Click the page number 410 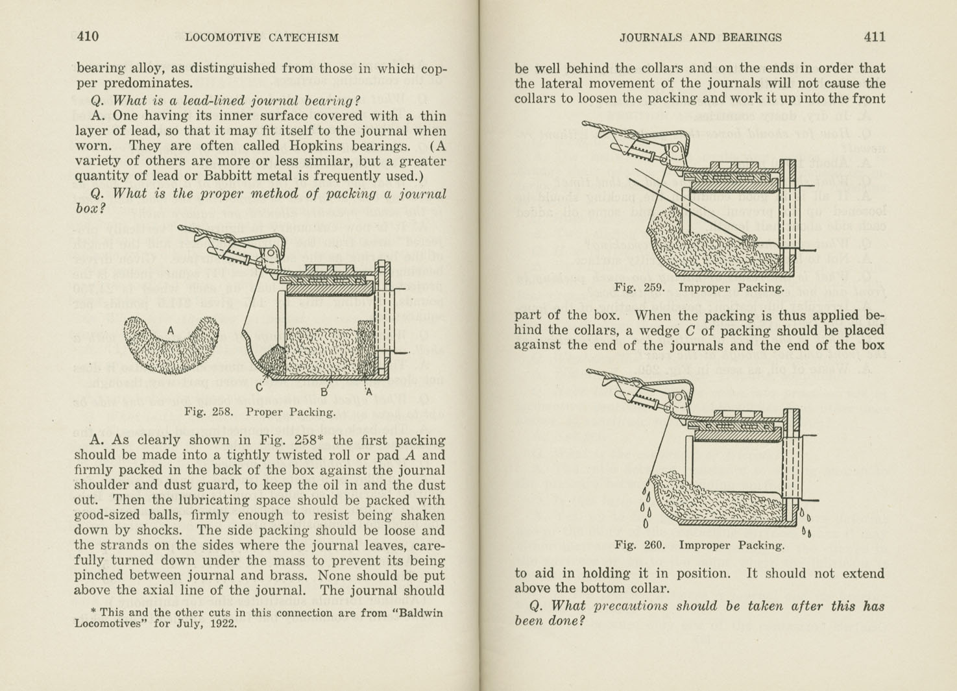[x=88, y=36]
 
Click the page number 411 [x=874, y=36]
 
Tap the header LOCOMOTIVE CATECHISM [x=261, y=38]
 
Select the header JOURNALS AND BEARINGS [x=700, y=38]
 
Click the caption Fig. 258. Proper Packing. [x=260, y=411]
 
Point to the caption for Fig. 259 [x=699, y=287]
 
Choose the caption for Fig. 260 [x=699, y=545]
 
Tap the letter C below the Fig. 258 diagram [x=259, y=388]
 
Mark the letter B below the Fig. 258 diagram [x=324, y=392]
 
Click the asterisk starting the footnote [x=93, y=611]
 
